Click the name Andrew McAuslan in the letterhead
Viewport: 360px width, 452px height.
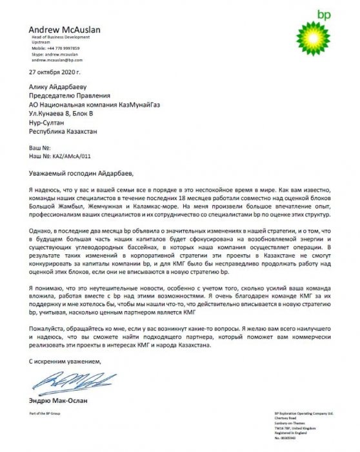click(68, 30)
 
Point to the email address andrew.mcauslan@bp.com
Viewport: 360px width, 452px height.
click(59, 59)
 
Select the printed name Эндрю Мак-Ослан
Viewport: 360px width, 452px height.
click(58, 401)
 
